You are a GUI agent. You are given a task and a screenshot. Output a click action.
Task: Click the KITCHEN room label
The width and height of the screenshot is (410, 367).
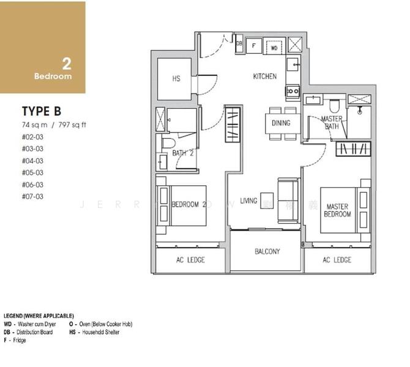click(265, 76)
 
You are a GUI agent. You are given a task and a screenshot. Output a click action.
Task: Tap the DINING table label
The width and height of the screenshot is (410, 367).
click(281, 123)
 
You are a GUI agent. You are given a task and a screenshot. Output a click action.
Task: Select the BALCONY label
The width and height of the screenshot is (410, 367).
click(267, 251)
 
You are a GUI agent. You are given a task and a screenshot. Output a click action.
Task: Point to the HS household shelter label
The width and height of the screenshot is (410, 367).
click(176, 78)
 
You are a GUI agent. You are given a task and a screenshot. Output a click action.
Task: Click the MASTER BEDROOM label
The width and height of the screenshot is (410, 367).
click(337, 210)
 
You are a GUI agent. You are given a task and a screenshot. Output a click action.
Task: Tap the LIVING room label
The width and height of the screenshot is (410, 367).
click(248, 201)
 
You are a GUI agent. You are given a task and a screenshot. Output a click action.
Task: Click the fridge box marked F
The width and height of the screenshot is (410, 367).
click(255, 45)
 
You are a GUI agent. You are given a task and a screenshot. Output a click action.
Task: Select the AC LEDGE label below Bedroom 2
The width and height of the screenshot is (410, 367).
click(190, 260)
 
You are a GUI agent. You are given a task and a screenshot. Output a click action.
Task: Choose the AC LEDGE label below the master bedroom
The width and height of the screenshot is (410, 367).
click(337, 260)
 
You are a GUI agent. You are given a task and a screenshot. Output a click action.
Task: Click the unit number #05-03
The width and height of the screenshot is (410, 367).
click(32, 172)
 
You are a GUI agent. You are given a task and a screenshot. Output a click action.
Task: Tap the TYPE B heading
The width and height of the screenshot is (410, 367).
click(42, 111)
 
